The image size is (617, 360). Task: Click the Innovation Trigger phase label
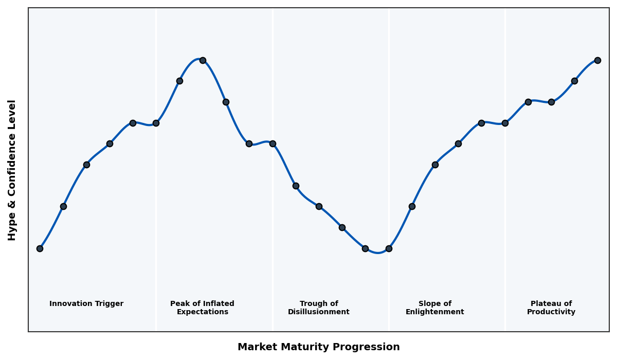(x=86, y=304)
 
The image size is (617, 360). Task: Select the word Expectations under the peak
(x=203, y=312)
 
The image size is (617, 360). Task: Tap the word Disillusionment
(x=319, y=312)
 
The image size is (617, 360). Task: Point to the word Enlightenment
(x=435, y=312)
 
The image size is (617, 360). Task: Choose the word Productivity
(x=551, y=312)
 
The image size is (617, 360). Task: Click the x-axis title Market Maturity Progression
(x=319, y=347)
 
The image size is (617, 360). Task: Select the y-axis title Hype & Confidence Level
(x=12, y=170)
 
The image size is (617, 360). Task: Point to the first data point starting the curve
(x=40, y=248)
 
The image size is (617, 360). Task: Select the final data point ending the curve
(x=597, y=60)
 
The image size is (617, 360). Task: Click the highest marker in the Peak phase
(x=203, y=60)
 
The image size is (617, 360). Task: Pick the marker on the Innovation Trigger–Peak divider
(x=156, y=123)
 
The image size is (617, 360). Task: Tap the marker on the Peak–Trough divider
(x=273, y=143)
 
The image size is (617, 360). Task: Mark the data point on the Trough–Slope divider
(x=389, y=248)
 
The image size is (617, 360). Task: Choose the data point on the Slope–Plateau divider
(x=505, y=123)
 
